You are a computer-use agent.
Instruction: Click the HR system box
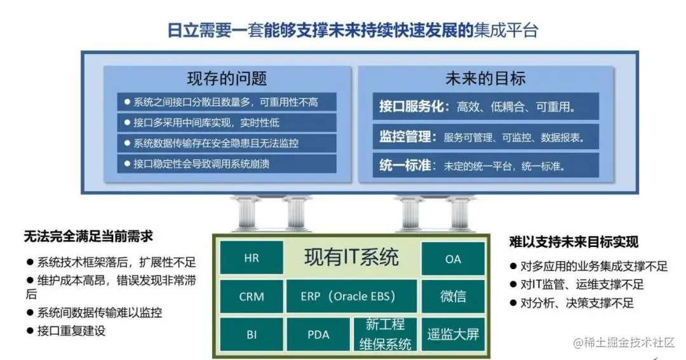[252, 258]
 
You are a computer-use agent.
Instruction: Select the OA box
[453, 258]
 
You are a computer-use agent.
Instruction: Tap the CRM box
[252, 296]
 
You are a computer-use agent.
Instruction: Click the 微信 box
[453, 296]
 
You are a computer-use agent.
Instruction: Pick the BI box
[252, 334]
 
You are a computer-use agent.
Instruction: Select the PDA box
[318, 334]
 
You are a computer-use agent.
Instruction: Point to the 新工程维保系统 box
[386, 334]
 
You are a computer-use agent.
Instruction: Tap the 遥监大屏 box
[453, 334]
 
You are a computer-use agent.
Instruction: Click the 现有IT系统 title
[351, 257]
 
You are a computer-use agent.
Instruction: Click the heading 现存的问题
[227, 79]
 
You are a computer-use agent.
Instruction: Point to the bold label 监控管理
[407, 137]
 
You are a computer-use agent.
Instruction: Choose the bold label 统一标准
[407, 166]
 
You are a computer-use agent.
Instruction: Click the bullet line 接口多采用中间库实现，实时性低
[206, 122]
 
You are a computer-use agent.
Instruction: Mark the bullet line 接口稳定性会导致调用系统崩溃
[201, 164]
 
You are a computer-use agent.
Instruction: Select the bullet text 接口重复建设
[71, 330]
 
